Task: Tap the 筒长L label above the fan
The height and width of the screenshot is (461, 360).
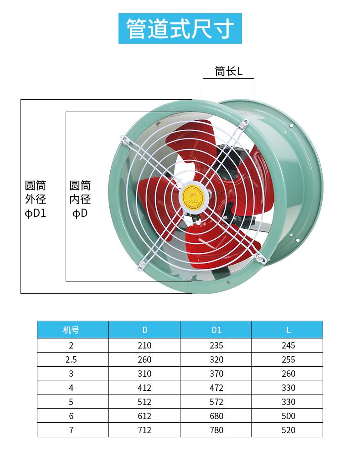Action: pos(229,71)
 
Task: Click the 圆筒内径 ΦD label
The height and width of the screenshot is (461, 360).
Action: pos(80,199)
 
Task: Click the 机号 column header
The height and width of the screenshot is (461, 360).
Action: pos(72,330)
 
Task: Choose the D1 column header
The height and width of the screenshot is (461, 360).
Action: pos(216,330)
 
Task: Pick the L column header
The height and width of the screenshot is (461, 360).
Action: pos(288,330)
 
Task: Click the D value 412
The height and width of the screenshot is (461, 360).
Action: pos(144,388)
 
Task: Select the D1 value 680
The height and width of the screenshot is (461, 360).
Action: pos(216,416)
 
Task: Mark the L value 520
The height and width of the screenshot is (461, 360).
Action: pos(288,430)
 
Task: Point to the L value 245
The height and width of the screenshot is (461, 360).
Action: pos(288,345)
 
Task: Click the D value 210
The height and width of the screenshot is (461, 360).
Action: pos(144,345)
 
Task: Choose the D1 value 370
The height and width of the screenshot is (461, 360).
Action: pos(216,374)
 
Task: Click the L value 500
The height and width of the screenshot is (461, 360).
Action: pos(288,416)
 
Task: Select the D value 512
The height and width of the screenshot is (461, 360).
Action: pos(144,402)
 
